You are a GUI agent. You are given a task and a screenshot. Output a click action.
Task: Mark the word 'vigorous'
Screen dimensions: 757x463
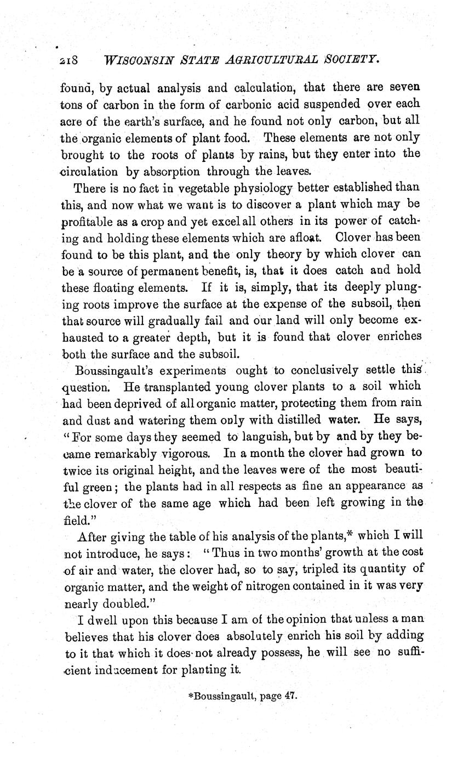pos(182,454)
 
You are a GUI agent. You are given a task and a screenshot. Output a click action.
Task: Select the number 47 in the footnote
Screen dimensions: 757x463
pos(290,694)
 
